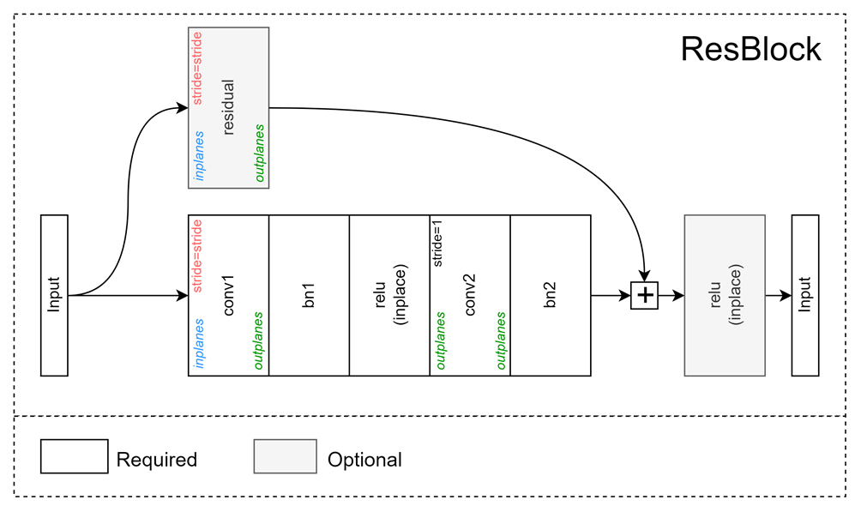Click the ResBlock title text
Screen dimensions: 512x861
tap(750, 50)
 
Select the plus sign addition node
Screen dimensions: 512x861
tap(644, 296)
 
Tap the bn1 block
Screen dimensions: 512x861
tap(310, 295)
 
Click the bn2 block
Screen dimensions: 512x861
tap(551, 295)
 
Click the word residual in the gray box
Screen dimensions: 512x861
tap(229, 107)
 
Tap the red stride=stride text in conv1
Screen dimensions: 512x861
tap(197, 256)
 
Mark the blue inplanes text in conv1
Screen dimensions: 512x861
tap(199, 343)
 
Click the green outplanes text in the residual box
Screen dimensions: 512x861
tap(258, 154)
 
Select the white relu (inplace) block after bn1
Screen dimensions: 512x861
tap(389, 295)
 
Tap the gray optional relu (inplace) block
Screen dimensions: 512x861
tap(725, 295)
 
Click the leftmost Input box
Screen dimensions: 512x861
tap(54, 295)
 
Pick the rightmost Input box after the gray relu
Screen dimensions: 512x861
tap(804, 295)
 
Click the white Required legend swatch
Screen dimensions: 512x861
tap(74, 456)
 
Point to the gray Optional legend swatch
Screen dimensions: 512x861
tap(285, 456)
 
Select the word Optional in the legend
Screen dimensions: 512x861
tap(364, 460)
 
